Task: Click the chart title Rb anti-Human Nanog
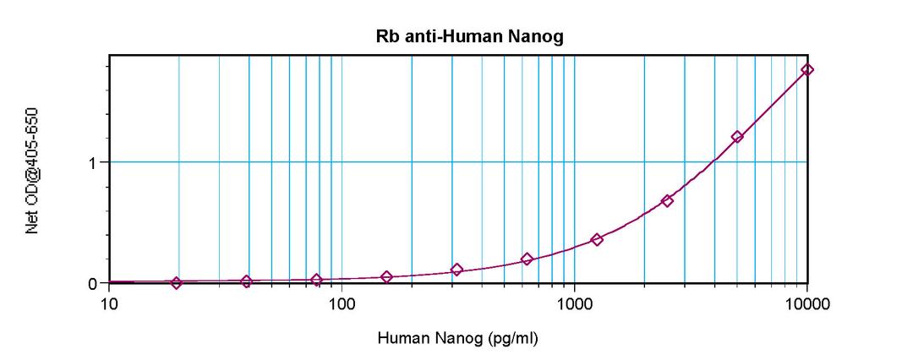[x=457, y=36]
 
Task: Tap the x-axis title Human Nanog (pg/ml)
[x=457, y=339]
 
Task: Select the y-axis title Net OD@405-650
[x=34, y=169]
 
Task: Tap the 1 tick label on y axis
[x=95, y=162]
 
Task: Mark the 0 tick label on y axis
[x=95, y=283]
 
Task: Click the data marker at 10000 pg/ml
[x=807, y=69]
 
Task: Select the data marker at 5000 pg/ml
[x=737, y=137]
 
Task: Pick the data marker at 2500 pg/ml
[x=667, y=201]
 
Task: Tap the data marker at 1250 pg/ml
[x=597, y=240]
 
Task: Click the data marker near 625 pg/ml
[x=527, y=259]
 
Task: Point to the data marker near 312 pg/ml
[x=457, y=270]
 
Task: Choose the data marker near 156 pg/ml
[x=386, y=277]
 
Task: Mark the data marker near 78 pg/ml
[x=316, y=280]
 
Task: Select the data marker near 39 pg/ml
[x=246, y=281]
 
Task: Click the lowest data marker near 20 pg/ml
[x=176, y=283]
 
